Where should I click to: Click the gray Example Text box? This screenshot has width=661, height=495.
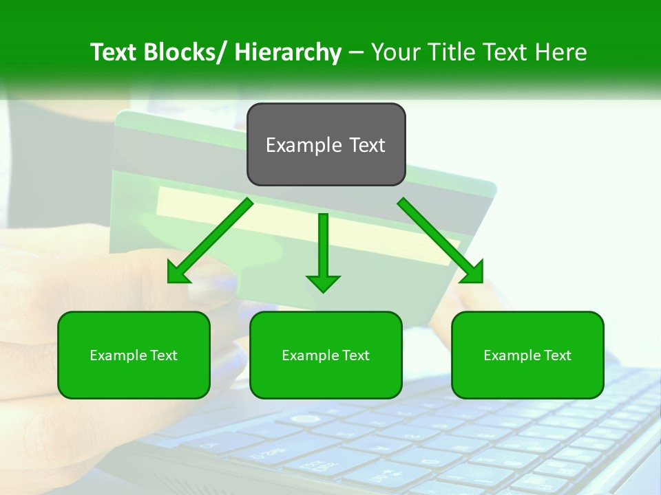(326, 144)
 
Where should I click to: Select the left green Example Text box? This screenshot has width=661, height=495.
(134, 355)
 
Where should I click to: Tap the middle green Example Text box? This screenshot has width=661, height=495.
(325, 355)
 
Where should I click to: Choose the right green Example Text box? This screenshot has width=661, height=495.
(527, 355)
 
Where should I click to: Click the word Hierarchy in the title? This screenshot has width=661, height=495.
(288, 52)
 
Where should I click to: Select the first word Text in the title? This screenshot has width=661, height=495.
(114, 52)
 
